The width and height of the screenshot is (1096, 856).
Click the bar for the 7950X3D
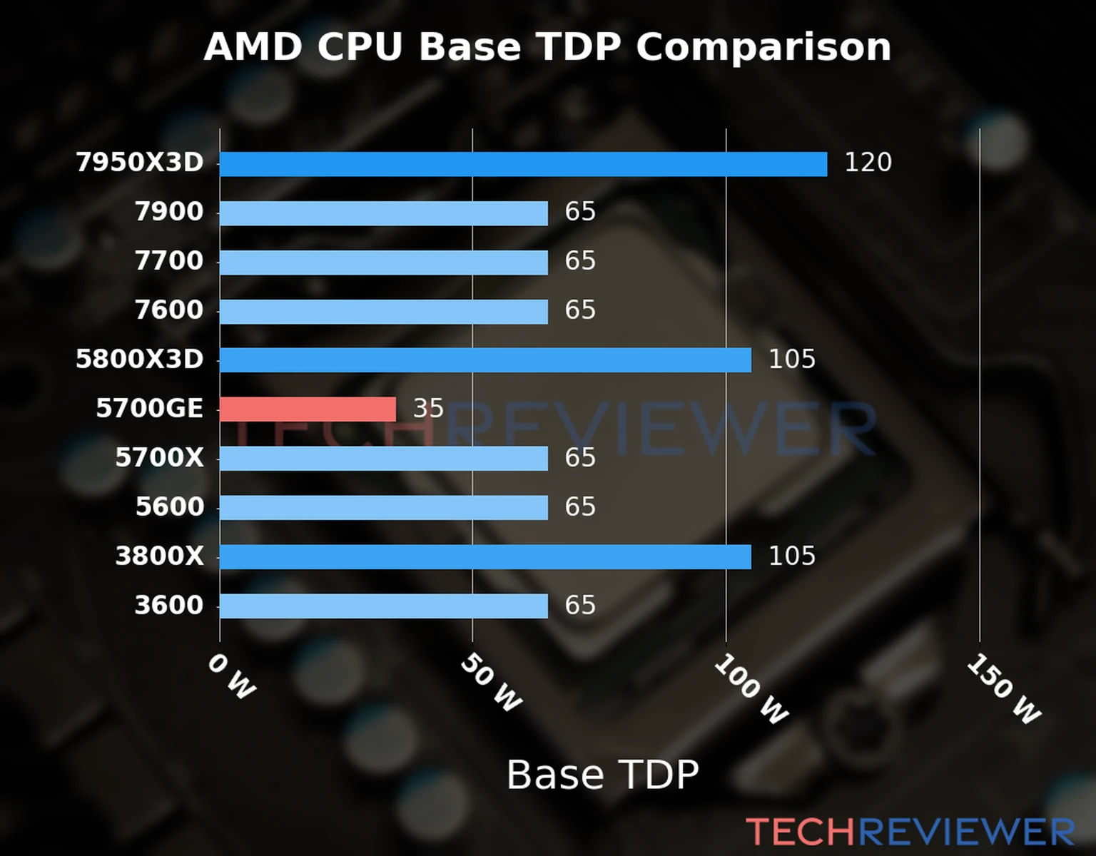click(523, 164)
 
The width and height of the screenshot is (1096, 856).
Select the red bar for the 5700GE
click(308, 409)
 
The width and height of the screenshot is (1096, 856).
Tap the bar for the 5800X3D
click(485, 360)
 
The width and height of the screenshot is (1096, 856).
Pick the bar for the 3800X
click(485, 557)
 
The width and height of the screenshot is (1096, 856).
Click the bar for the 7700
click(383, 263)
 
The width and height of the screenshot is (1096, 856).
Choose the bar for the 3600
click(383, 606)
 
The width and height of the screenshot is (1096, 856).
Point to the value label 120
click(868, 163)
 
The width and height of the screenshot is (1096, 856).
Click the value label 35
click(428, 409)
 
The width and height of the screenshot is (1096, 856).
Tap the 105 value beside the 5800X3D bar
click(791, 360)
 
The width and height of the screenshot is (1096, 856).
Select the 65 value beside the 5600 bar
click(579, 507)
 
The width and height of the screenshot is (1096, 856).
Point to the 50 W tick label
click(491, 683)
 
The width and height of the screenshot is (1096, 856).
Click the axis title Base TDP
click(602, 775)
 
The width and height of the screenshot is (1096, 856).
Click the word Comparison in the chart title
click(763, 48)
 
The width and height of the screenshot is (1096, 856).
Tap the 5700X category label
click(159, 458)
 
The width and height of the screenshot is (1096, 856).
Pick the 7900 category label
click(169, 212)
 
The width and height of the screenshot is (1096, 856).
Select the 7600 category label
click(169, 310)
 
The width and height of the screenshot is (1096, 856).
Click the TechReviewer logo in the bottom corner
click(910, 832)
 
